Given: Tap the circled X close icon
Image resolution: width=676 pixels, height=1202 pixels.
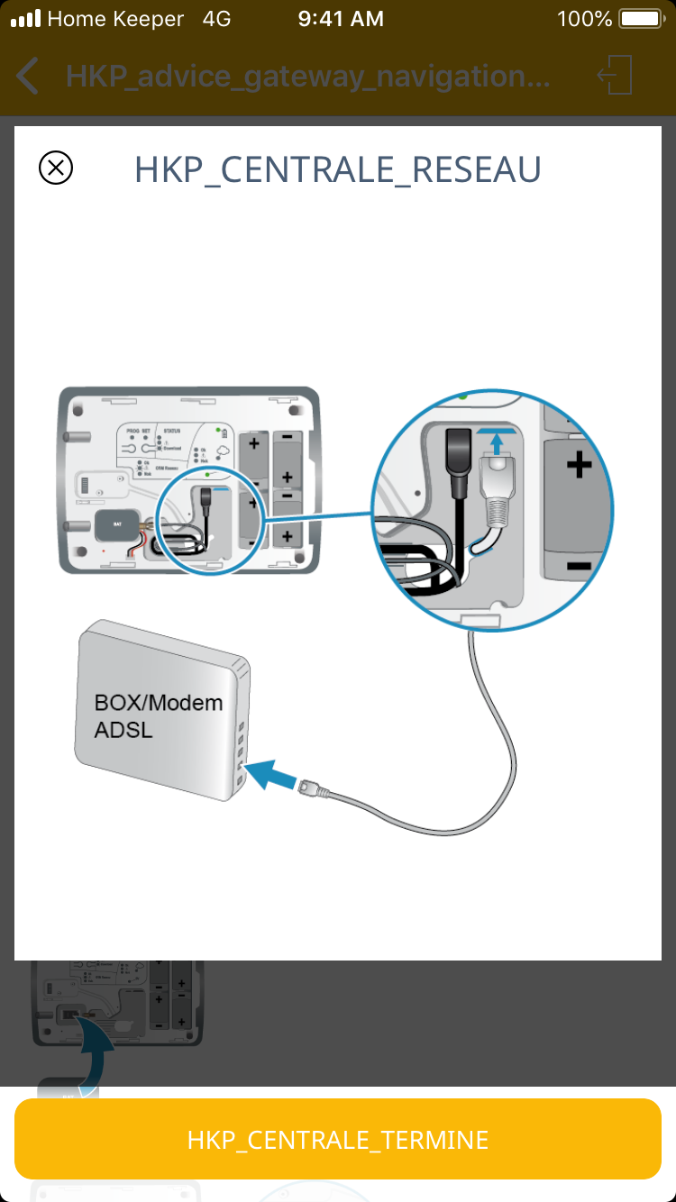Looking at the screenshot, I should [56, 168].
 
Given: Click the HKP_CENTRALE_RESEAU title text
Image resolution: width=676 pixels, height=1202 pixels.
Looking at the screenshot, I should [338, 169].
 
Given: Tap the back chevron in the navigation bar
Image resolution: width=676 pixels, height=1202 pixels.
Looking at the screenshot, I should [28, 76].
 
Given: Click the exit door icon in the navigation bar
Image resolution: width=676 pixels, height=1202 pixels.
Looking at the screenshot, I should [617, 75].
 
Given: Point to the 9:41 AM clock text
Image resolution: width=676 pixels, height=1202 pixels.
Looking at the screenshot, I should [341, 19].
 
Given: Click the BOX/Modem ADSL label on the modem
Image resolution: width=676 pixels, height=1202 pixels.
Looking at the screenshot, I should [158, 715].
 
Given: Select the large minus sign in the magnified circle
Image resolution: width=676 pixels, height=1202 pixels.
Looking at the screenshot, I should [578, 566].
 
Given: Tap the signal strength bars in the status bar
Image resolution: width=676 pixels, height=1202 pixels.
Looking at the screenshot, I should [26, 19].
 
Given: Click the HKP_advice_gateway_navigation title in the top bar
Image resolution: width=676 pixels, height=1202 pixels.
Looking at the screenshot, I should [307, 76].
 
